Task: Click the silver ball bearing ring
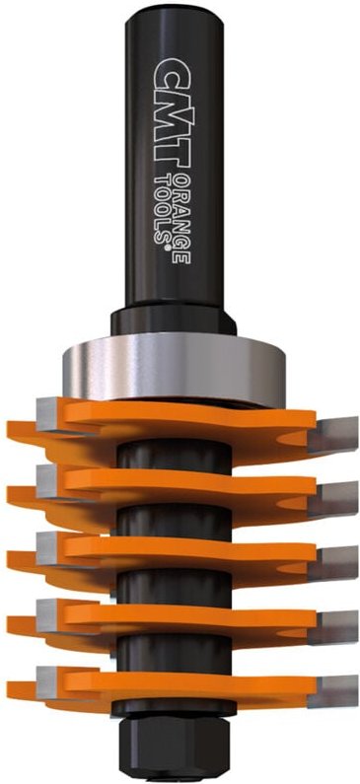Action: [174, 369]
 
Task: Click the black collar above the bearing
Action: [174, 321]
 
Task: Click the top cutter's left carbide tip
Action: [51, 414]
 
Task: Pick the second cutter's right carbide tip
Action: [333, 499]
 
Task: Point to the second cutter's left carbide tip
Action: [51, 481]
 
